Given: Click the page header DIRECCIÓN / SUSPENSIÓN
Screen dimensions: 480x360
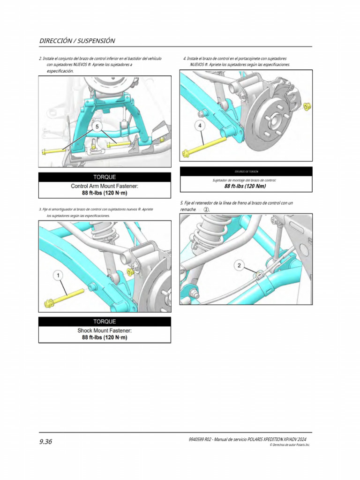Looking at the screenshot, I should tap(77, 41).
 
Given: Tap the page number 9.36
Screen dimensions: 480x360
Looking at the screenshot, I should tap(45, 441).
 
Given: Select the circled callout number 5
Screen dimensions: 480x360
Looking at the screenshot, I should tap(97, 127).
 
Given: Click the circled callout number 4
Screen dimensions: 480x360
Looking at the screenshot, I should tap(200, 126).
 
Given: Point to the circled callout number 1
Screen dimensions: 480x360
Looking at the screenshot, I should tap(59, 276).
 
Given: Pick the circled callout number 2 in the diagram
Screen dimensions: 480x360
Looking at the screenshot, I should tap(239, 266).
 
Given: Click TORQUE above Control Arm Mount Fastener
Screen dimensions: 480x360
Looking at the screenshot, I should tap(104, 177).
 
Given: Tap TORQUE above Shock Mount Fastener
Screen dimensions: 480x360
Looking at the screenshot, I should tap(104, 322).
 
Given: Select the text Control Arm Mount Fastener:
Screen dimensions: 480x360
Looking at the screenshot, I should tap(104, 186).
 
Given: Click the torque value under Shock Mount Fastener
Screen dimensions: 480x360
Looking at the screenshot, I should tap(104, 337).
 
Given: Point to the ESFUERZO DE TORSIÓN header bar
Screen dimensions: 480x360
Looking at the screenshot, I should tap(246, 172).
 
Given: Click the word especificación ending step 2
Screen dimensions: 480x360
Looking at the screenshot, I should tap(60, 71).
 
